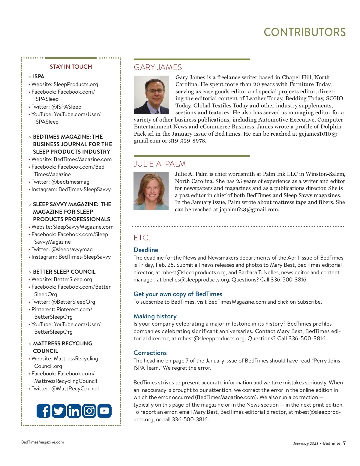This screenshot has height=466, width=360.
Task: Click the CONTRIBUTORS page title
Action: point(304,32)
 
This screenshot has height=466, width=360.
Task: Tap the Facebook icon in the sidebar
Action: point(43,411)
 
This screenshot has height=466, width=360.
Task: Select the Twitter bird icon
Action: point(59,411)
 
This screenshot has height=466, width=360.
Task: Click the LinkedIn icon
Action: point(74,411)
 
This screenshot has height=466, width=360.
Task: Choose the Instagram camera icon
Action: point(89,411)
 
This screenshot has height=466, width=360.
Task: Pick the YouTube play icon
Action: point(104,411)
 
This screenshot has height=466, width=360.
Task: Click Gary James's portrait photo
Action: point(151,95)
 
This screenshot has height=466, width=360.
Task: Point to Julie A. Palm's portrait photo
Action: point(151,191)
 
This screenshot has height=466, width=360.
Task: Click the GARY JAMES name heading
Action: point(158,67)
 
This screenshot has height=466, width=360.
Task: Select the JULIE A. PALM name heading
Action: point(160,164)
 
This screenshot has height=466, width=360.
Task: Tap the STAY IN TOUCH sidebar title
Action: point(71,67)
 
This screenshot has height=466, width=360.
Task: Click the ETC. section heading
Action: point(142,238)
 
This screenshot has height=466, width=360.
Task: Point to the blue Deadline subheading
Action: point(146,250)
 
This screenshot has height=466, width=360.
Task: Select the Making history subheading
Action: point(155,316)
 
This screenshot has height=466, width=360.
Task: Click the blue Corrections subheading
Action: point(150,353)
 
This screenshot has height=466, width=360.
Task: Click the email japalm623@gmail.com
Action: point(249,209)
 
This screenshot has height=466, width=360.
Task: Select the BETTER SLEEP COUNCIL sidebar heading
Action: point(64,272)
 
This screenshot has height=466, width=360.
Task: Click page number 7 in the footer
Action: point(344,443)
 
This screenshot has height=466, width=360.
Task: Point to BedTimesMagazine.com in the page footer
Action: point(43,442)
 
